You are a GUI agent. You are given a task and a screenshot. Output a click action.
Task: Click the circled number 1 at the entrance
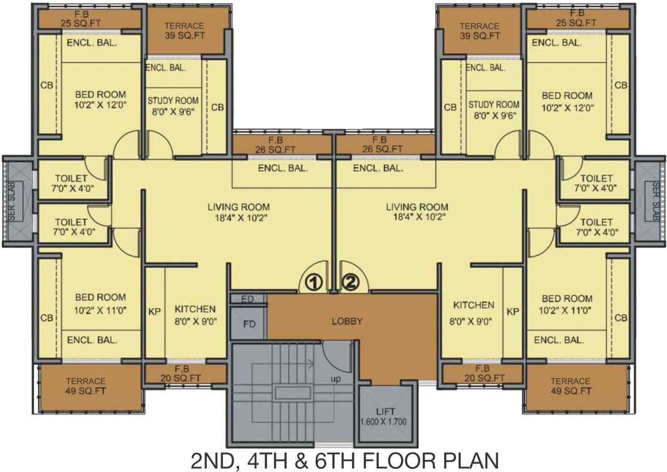tap(314, 282)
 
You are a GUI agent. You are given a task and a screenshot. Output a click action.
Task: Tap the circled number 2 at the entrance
tap(350, 282)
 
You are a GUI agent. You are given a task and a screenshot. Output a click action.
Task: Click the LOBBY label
tap(347, 321)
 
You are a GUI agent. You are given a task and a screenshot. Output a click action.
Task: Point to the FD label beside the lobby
tap(249, 323)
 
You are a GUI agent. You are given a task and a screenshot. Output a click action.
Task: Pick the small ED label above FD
tap(248, 299)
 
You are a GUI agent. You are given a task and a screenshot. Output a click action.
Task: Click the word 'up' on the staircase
tap(335, 379)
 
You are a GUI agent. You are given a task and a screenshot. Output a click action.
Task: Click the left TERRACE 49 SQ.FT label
tap(86, 386)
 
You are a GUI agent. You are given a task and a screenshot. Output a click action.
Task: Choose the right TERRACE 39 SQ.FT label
tap(480, 31)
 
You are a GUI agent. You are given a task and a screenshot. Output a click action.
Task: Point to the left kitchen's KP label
tap(154, 312)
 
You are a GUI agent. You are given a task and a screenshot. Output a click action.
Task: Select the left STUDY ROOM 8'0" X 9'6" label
tap(173, 106)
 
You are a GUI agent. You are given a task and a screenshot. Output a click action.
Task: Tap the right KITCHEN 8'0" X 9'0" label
tap(474, 310)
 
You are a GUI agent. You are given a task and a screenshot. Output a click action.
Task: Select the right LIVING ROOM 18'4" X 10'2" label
tap(417, 211)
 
